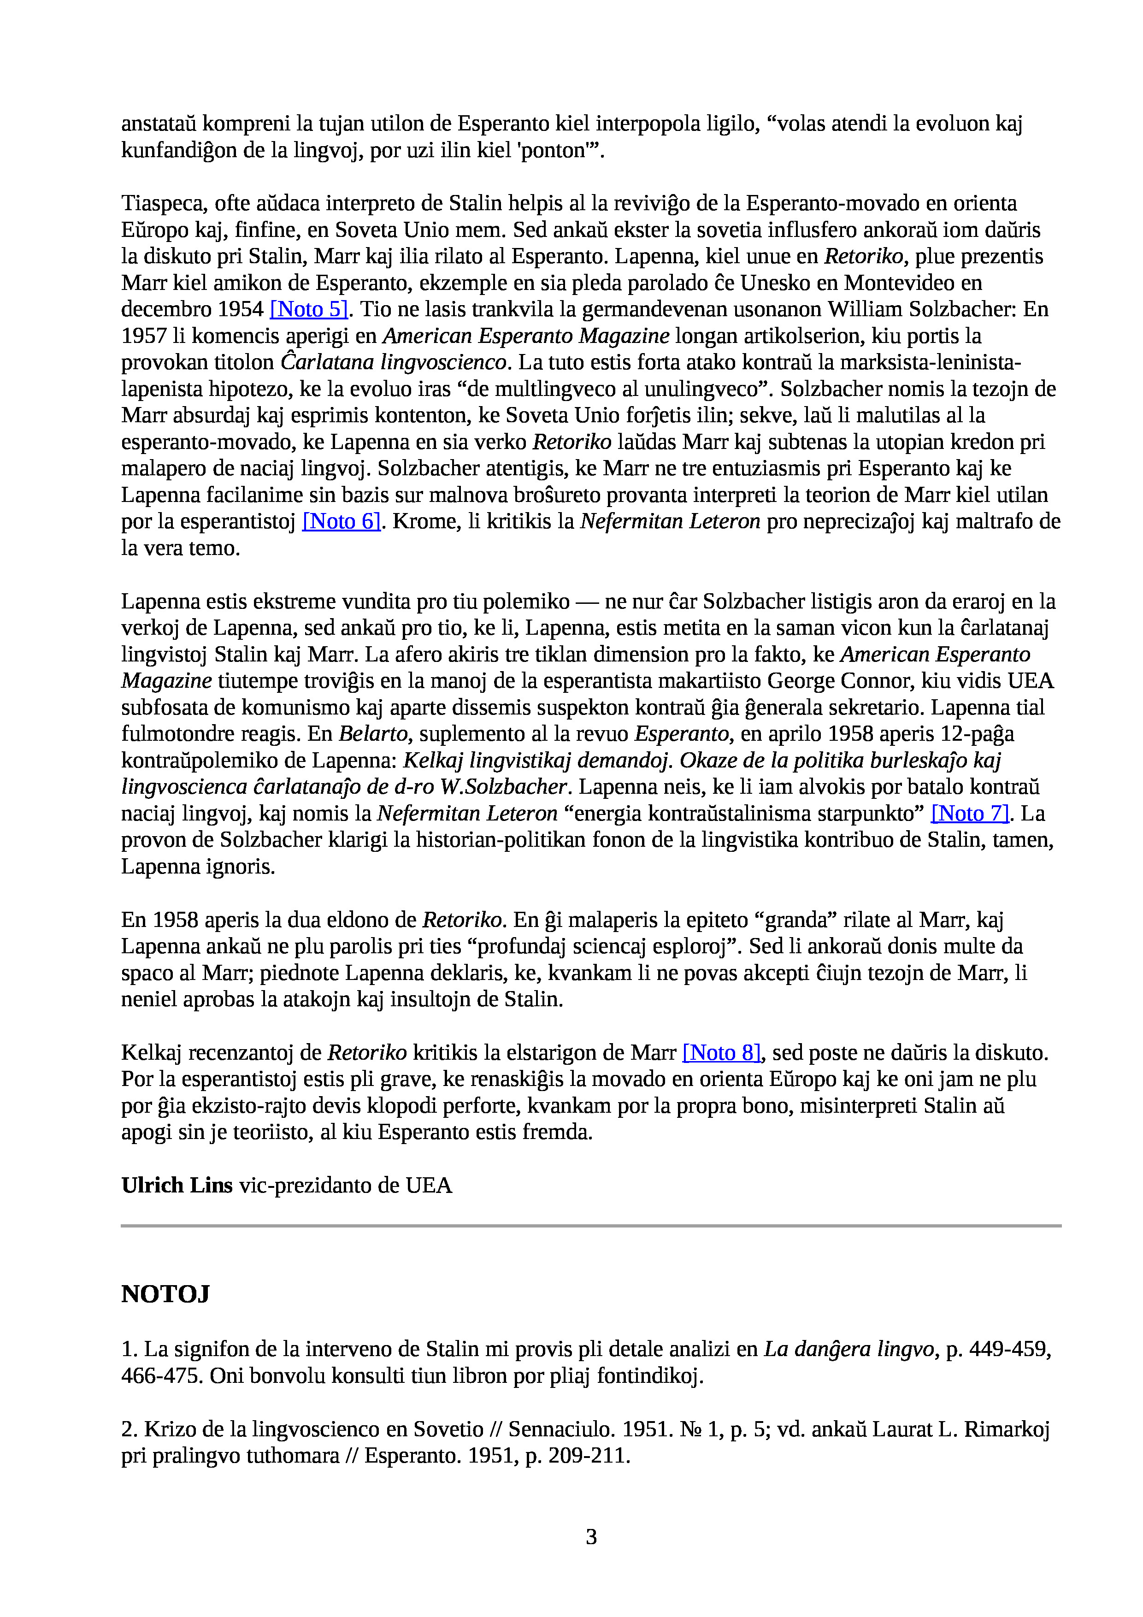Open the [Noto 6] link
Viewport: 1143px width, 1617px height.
click(342, 521)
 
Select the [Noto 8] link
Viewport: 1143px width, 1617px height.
click(722, 1053)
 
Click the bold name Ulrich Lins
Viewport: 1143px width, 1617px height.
click(177, 1186)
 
